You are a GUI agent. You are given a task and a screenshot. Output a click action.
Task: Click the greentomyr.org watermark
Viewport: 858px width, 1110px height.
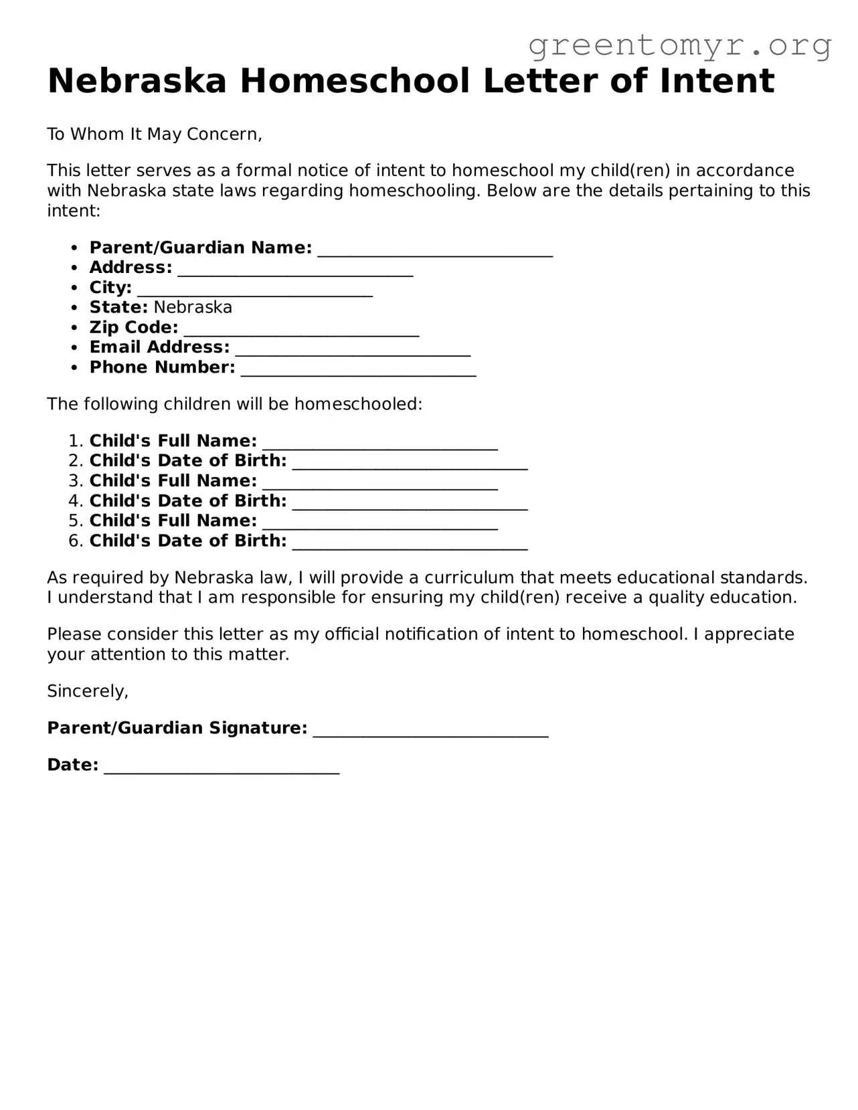(x=680, y=45)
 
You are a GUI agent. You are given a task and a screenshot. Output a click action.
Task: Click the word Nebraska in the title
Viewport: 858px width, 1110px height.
(x=137, y=81)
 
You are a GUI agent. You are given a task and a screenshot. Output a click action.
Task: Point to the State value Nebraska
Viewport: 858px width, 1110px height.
(x=193, y=307)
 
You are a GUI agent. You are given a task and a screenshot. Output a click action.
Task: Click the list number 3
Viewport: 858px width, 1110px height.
(x=74, y=481)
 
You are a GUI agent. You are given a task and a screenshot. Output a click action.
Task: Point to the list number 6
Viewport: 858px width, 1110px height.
(x=74, y=541)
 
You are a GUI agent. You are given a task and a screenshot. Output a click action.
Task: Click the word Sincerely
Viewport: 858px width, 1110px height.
(x=87, y=691)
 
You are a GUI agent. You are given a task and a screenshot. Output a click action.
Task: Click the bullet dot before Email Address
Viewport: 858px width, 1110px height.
(x=74, y=348)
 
